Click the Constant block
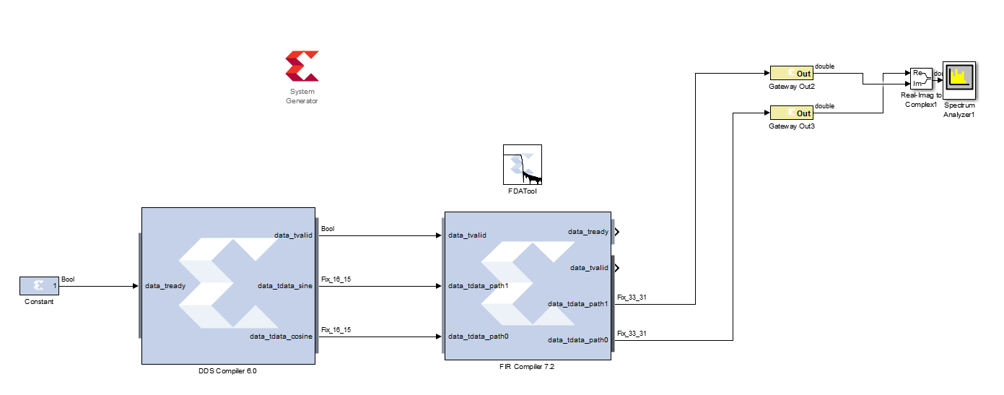pos(39,286)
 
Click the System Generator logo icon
pos(302,66)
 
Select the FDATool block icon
pos(522,165)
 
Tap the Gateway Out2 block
pos(791,73)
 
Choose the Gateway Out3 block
pos(791,113)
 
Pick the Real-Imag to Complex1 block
pos(920,79)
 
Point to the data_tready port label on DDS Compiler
pos(165,286)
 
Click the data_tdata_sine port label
pos(285,286)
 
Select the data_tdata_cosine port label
pos(281,337)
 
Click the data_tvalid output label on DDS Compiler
pos(293,235)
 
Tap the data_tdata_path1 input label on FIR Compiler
pos(479,286)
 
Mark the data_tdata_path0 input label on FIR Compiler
pos(479,337)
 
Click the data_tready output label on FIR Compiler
pos(588,232)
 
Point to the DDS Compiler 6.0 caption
pos(227,372)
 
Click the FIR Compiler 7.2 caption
pos(527,367)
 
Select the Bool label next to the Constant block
pos(68,279)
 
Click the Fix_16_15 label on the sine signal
pos(336,279)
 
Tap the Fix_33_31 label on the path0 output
pos(632,333)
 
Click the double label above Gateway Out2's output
pos(824,66)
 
